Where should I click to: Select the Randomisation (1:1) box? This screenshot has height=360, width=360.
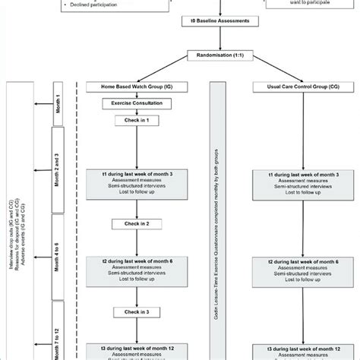219,55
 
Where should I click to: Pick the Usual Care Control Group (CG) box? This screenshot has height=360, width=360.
294,87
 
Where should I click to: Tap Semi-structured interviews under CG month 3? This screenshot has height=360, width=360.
294,188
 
